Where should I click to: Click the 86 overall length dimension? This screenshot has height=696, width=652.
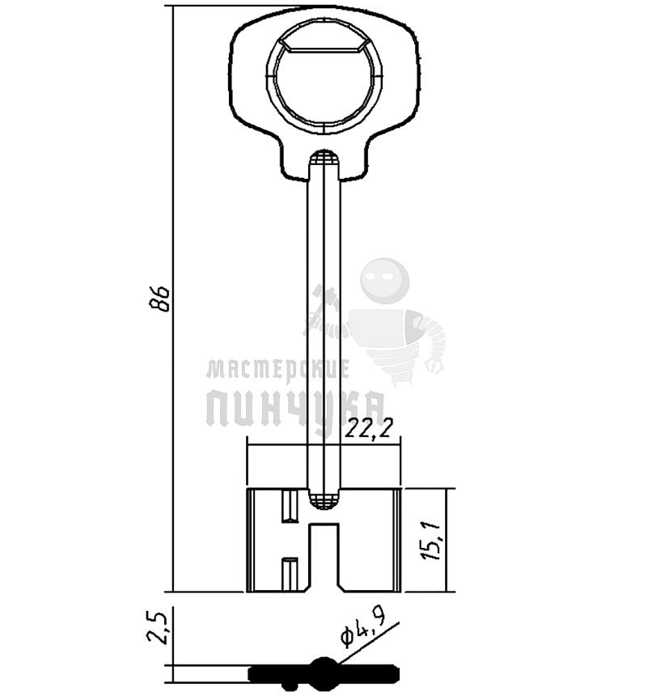pyautogui.click(x=159, y=299)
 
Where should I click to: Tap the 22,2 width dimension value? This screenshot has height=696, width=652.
pyautogui.click(x=369, y=428)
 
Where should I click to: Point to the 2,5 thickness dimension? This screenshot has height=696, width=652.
pyautogui.click(x=157, y=629)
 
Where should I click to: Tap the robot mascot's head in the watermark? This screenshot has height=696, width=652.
pyautogui.click(x=385, y=281)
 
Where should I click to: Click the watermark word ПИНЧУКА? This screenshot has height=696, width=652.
pyautogui.click(x=295, y=409)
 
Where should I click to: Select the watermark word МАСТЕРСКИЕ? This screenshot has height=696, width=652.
pyautogui.click(x=278, y=370)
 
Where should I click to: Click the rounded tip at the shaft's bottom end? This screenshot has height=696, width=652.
pyautogui.click(x=324, y=501)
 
